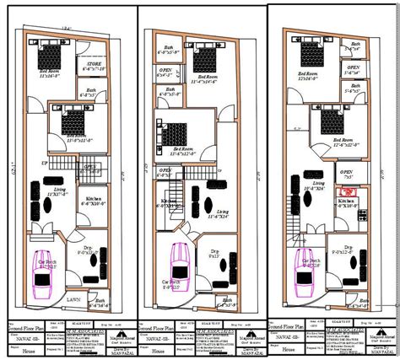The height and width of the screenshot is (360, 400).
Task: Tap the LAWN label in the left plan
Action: click(74, 298)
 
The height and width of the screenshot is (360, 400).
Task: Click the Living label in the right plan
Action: click(318, 183)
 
